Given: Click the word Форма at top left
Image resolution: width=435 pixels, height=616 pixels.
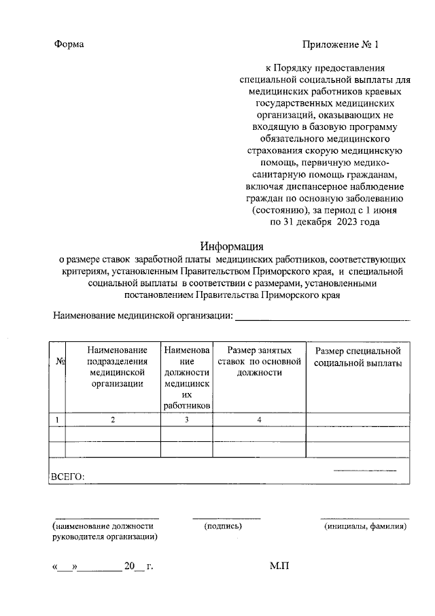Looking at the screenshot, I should tap(69, 45).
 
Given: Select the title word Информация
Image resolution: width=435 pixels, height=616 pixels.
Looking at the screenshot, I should tap(231, 246).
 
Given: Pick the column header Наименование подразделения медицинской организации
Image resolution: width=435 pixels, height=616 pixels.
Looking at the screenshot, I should tap(113, 367).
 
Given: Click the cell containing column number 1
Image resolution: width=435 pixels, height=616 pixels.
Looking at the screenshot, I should tap(58, 420).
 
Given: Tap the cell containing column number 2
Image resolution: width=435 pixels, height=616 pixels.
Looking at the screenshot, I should tap(113, 420).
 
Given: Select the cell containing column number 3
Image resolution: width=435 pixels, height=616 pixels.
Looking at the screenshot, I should tap(186, 420).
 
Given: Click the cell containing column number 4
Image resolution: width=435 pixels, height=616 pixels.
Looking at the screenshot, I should tap(259, 420).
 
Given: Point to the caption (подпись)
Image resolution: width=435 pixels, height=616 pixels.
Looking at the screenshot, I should tap(223, 526).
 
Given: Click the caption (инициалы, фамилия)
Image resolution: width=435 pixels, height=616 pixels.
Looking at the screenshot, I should tap(366, 526).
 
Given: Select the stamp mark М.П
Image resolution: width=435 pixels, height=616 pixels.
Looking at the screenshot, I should tap(279, 566).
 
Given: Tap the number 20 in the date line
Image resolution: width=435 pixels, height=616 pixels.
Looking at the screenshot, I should tap(130, 566).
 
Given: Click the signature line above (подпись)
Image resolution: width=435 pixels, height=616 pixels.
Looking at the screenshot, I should tap(226, 518).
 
